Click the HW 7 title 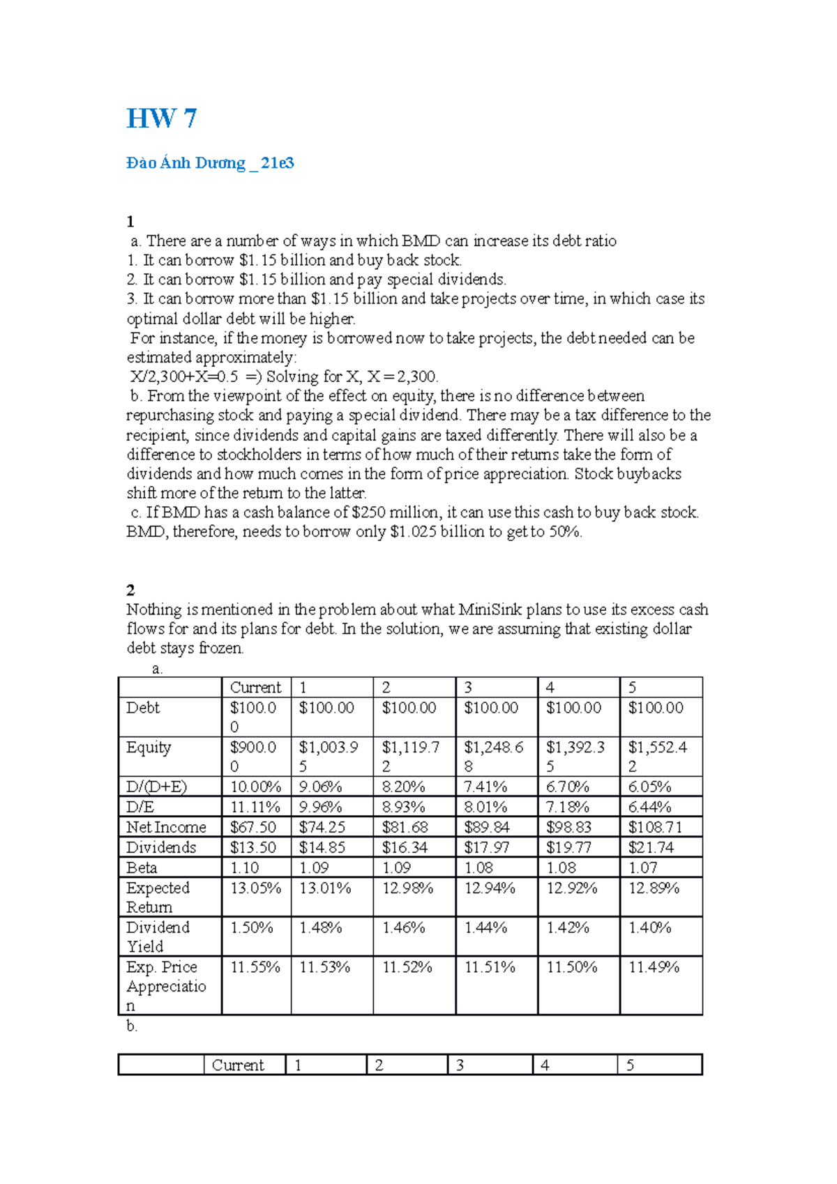pyautogui.click(x=161, y=119)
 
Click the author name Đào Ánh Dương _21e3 pyautogui.click(x=210, y=163)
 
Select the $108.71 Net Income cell pyautogui.click(x=655, y=827)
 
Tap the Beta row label pyautogui.click(x=142, y=867)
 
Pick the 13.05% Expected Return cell pyautogui.click(x=255, y=888)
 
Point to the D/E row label pyautogui.click(x=140, y=807)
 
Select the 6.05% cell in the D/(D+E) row pyautogui.click(x=649, y=787)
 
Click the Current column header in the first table pyautogui.click(x=255, y=687)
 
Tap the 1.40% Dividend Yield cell pyautogui.click(x=649, y=928)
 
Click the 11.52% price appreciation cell pyautogui.click(x=407, y=968)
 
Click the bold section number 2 pyautogui.click(x=130, y=590)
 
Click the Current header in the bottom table pyautogui.click(x=238, y=1065)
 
